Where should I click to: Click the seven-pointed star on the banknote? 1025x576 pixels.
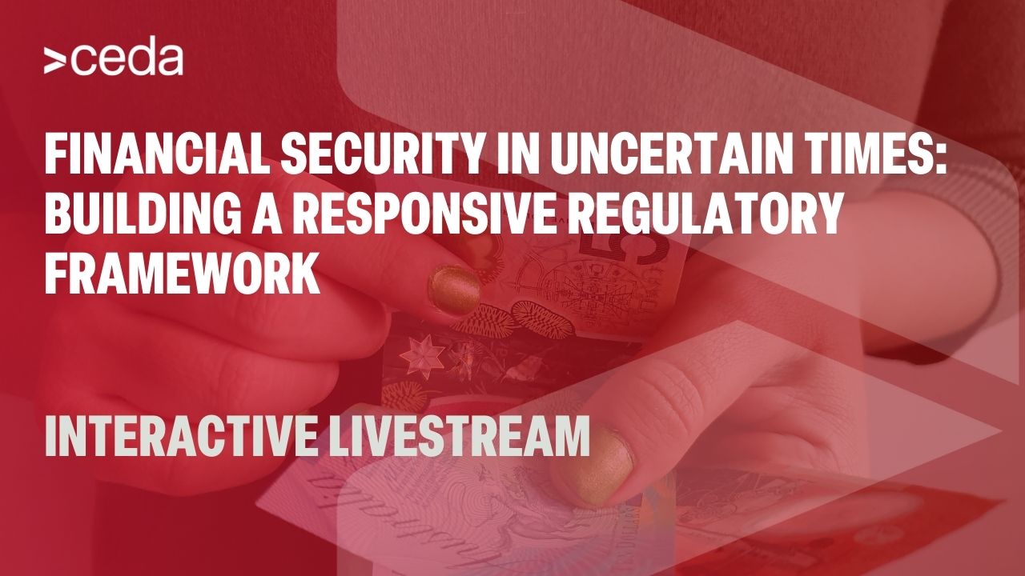click(x=421, y=357)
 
